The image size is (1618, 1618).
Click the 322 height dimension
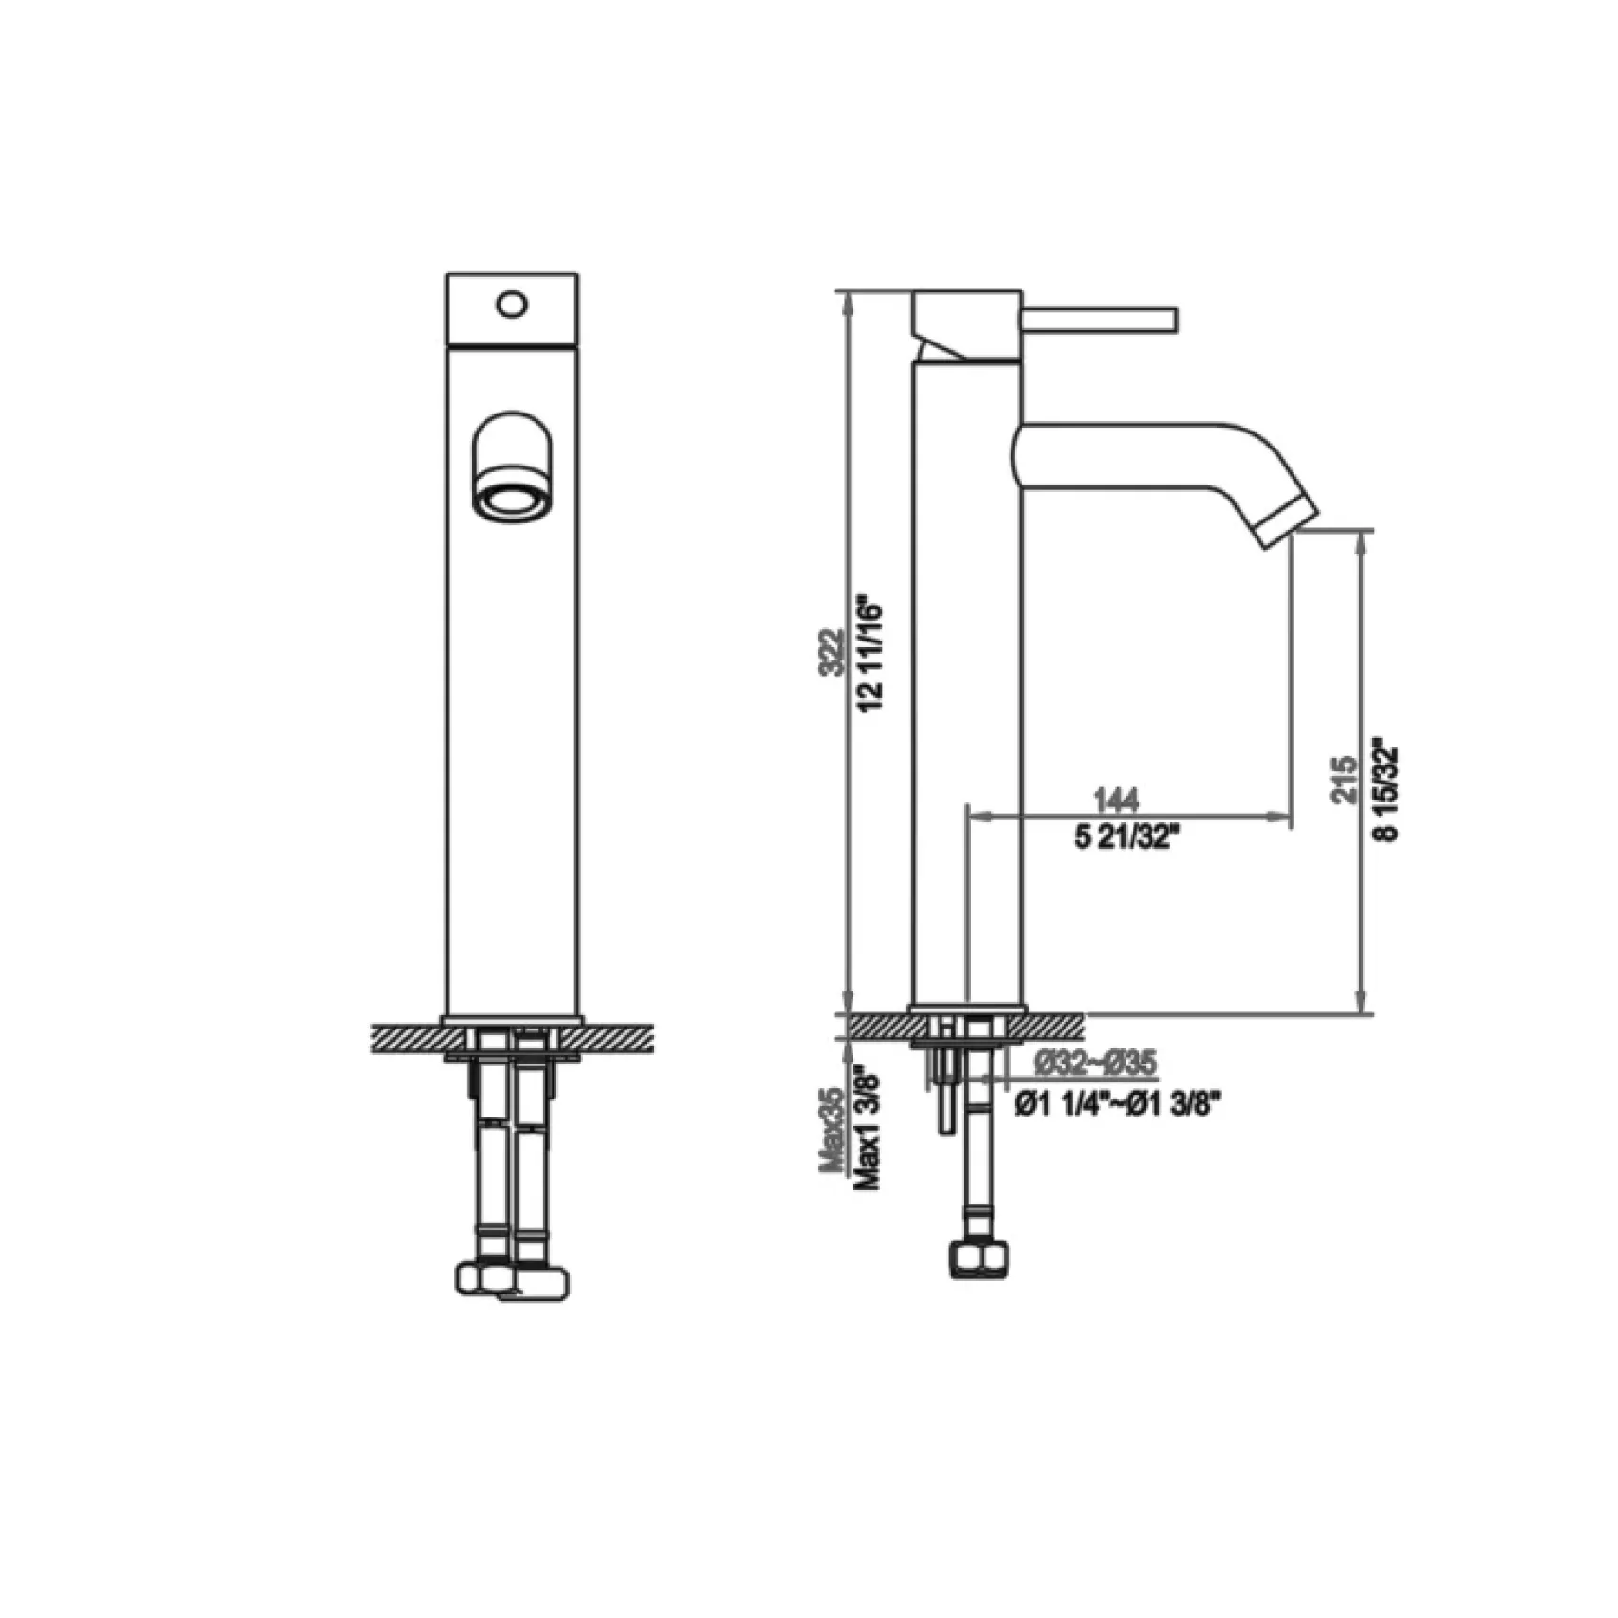coord(832,652)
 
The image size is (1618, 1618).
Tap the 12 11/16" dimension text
coord(871,654)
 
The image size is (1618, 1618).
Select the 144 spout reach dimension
coord(1117,800)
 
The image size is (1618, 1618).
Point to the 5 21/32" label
coord(1127,838)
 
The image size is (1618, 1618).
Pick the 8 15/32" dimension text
coord(1385,793)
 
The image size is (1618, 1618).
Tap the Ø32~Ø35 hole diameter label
coord(1095,1064)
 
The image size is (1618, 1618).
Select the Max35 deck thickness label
coord(832,1130)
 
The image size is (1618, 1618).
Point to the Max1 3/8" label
coord(869,1130)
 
